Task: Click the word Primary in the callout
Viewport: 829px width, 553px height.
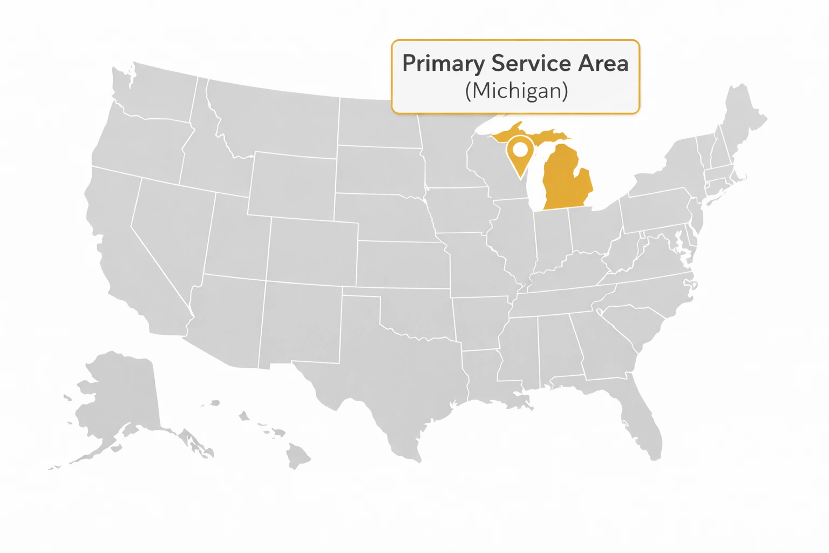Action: [x=443, y=64]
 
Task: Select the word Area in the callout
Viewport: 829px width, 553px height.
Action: [x=603, y=64]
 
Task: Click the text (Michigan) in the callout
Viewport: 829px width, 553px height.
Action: [x=517, y=91]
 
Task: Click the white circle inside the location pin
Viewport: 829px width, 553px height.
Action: [x=520, y=148]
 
